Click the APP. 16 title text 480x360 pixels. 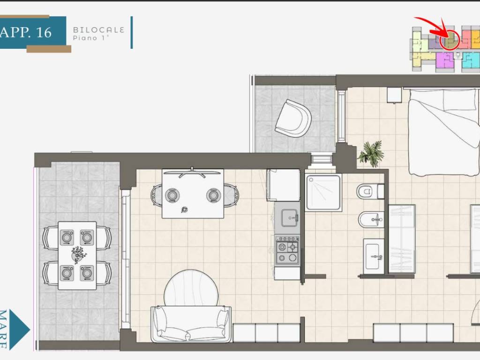pos(26,32)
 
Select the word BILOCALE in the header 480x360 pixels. pos(98,30)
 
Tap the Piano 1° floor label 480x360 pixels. pos(91,38)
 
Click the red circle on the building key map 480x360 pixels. pos(450,40)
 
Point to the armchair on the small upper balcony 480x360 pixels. pos(293,119)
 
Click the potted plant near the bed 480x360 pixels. pos(371,153)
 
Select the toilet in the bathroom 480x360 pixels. pos(370,192)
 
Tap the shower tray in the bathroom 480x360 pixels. pos(323,193)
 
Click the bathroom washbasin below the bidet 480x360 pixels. pos(374,256)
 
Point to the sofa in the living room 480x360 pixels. pos(191,324)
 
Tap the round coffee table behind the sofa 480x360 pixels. pos(191,288)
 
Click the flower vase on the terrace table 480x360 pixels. pos(79,254)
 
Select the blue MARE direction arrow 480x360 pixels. pos(19,330)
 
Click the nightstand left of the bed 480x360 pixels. pos(394,95)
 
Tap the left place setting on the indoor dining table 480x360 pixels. pos(172,195)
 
